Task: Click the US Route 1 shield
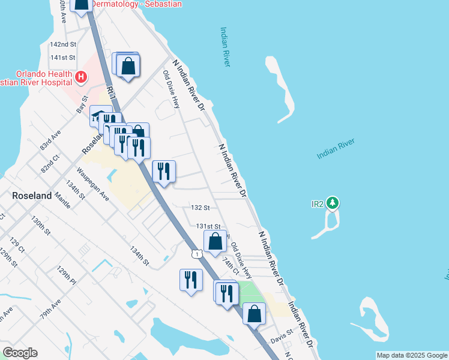pyautogui.click(x=196, y=254)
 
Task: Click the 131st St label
pyautogui.click(x=209, y=226)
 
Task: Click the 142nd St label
pyautogui.click(x=63, y=44)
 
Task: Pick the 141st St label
pyautogui.click(x=62, y=58)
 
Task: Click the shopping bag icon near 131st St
pyautogui.click(x=215, y=242)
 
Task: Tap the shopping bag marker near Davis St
pyautogui.click(x=255, y=313)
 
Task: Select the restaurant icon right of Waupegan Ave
pyautogui.click(x=164, y=172)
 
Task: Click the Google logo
pyautogui.click(x=20, y=352)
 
